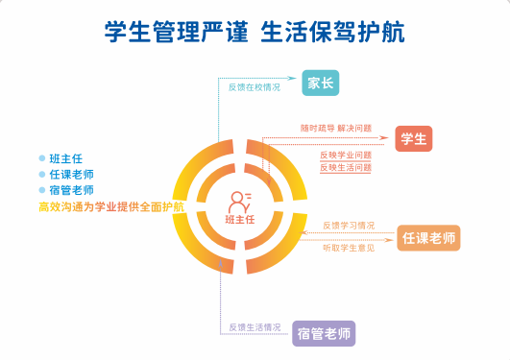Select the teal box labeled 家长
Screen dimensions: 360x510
[x=321, y=84]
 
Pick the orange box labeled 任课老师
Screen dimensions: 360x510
[x=429, y=237]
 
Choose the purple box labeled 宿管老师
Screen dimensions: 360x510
[x=325, y=334]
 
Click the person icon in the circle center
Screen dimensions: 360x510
[x=240, y=202]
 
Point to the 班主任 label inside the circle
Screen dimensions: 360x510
[x=240, y=220]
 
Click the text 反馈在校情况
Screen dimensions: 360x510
[x=254, y=87]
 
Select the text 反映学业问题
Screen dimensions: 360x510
[x=346, y=155]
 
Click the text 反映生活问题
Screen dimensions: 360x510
[x=346, y=167]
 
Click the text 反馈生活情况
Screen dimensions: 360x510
[x=255, y=328]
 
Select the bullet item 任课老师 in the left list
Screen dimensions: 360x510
[x=71, y=175]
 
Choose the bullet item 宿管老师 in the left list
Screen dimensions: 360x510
[x=71, y=190]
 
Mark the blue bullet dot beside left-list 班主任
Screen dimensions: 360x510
[x=41, y=158]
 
